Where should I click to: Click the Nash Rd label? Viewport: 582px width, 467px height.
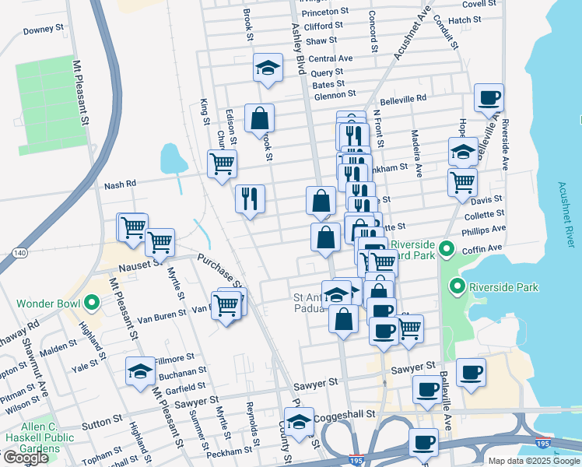(x=120, y=185)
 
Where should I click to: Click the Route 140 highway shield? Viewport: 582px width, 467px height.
(x=20, y=253)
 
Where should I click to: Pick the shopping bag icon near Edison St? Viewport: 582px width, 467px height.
(x=259, y=118)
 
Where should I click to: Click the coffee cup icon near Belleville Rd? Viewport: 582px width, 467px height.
(x=489, y=98)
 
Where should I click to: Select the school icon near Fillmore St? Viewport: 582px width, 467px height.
(x=140, y=370)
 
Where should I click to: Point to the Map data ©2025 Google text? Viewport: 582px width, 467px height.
(x=534, y=461)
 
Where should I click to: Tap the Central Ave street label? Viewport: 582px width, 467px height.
(x=330, y=58)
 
